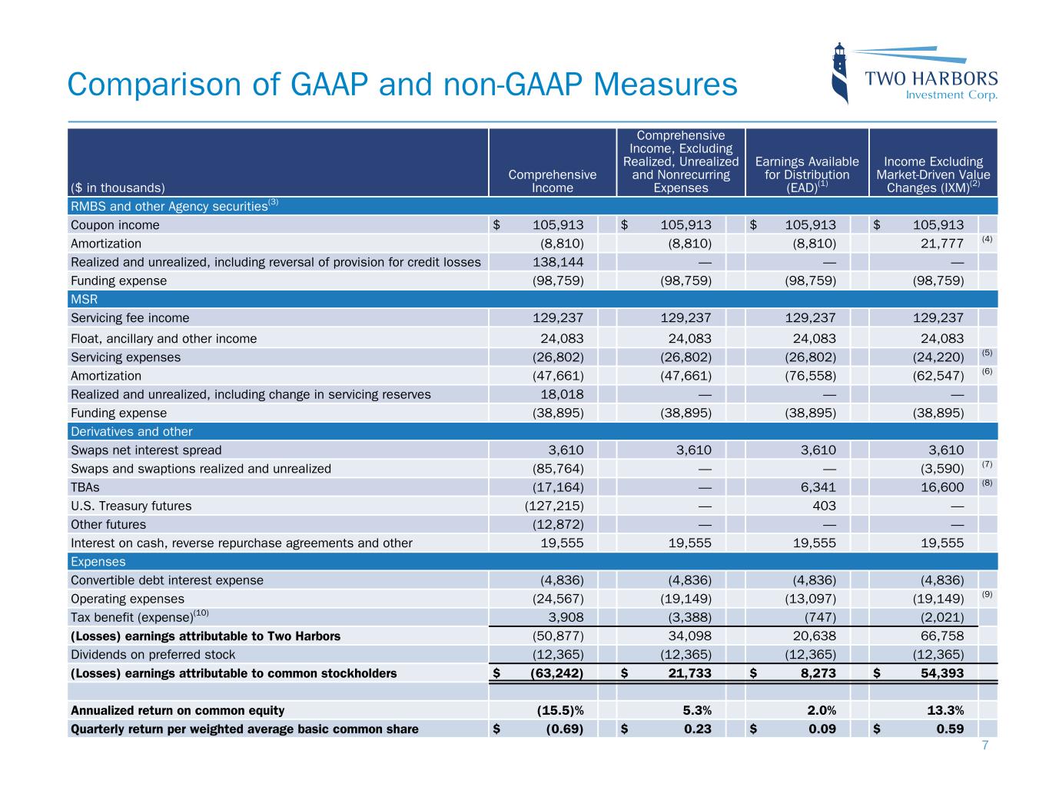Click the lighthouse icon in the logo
coord(841,73)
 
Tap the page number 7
coord(985,746)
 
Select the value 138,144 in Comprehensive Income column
coord(558,262)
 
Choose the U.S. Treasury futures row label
coord(131,506)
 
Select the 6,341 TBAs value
coord(815,487)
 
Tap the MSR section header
coord(84,299)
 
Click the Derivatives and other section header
coord(131,432)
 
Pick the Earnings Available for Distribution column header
coord(807,174)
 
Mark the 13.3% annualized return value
coord(944,710)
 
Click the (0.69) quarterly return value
coord(564,729)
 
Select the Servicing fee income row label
coord(130,318)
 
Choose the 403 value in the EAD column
coord(824,506)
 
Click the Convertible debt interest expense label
coord(167,580)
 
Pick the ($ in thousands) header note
coord(118,187)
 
